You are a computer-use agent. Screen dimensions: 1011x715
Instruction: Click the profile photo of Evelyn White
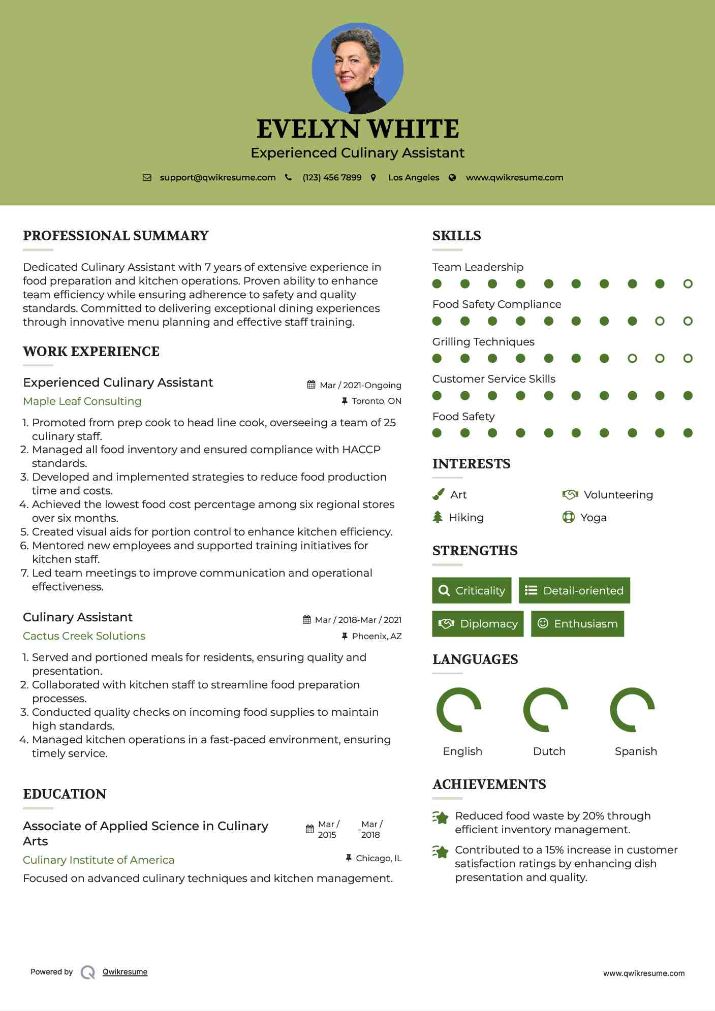click(x=357, y=68)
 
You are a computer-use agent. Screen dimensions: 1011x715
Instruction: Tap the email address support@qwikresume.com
click(x=217, y=177)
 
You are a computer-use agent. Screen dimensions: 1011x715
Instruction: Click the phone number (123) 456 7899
click(x=332, y=177)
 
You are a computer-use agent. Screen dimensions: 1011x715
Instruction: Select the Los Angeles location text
click(x=414, y=177)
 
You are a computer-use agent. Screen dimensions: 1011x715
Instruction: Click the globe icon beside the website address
click(x=452, y=177)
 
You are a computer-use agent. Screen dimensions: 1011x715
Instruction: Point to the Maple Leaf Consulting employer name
click(x=82, y=401)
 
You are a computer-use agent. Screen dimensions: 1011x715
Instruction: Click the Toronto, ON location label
click(x=376, y=401)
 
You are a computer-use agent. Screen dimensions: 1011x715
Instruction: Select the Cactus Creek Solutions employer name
click(x=84, y=636)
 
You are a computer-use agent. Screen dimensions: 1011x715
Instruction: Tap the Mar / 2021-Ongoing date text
click(x=360, y=385)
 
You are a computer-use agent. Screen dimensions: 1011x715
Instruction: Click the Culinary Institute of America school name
click(x=99, y=860)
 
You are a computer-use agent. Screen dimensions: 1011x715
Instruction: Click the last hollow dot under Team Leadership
click(x=688, y=283)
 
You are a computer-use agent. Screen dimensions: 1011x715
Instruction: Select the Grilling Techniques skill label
click(x=483, y=341)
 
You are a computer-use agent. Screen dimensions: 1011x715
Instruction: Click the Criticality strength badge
click(x=472, y=590)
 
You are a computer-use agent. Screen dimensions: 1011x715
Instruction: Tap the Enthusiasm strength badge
click(x=577, y=623)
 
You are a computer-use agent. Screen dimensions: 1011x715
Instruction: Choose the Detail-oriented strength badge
click(x=574, y=590)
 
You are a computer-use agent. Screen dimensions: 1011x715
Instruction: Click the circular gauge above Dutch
click(x=546, y=710)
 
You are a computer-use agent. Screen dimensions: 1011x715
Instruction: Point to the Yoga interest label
click(x=594, y=517)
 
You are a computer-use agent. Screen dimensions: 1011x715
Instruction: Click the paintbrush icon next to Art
click(x=438, y=494)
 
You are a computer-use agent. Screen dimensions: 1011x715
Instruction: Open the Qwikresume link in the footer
click(x=125, y=971)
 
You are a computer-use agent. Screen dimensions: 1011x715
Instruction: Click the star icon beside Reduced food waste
click(x=440, y=817)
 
